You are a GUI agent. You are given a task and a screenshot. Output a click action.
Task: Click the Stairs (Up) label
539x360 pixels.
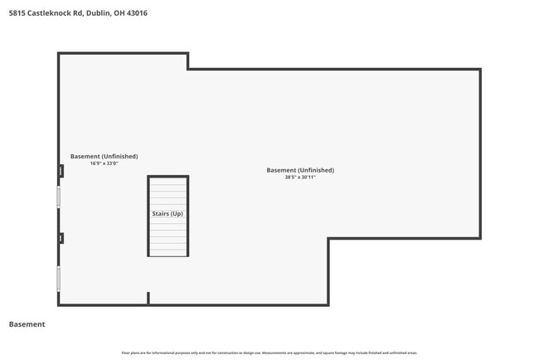168,214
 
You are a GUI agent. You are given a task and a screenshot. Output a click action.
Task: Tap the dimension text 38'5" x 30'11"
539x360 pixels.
300,178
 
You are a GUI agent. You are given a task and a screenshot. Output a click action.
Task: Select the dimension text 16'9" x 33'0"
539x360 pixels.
104,163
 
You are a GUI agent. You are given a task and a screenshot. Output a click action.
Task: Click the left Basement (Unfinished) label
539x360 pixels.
104,156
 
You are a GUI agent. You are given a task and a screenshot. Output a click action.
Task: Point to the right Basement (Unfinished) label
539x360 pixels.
300,170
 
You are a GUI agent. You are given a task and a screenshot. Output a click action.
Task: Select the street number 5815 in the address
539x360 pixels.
15,13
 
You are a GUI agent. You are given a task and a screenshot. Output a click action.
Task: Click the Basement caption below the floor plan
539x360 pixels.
27,324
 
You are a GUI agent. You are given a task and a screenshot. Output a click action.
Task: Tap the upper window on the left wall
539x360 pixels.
59,197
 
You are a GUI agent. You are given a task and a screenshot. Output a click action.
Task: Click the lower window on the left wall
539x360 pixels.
59,277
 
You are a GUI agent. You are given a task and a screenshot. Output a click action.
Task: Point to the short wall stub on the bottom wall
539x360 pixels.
148,298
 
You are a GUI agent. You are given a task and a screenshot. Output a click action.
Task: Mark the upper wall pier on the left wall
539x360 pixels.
61,171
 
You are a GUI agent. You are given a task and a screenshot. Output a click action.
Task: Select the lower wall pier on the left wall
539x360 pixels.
61,238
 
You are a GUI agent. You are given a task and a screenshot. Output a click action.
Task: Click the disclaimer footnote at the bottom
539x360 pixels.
269,353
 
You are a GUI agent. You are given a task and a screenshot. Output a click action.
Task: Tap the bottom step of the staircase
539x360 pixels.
168,252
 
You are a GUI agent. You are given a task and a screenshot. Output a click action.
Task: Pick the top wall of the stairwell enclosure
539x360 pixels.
168,177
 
